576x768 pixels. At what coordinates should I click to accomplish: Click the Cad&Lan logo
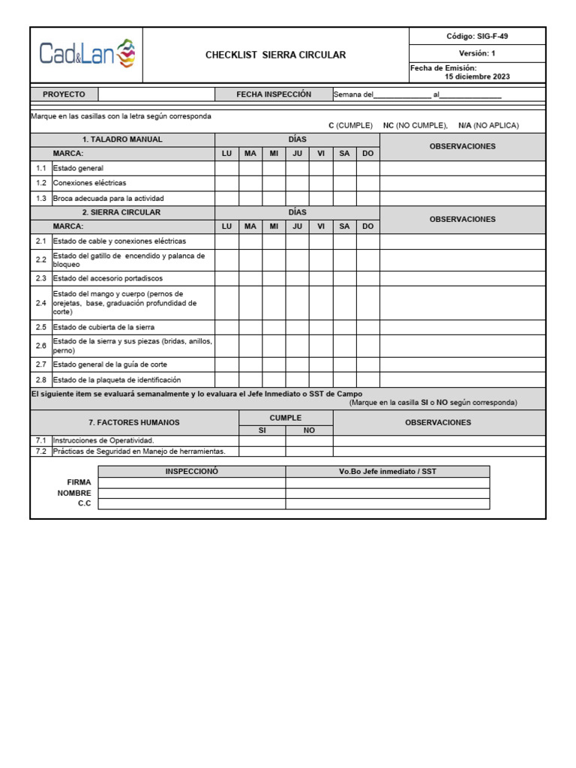(x=87, y=55)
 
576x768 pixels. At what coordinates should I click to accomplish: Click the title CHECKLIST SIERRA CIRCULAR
(x=275, y=55)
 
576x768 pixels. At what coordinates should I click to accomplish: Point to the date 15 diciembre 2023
(x=476, y=76)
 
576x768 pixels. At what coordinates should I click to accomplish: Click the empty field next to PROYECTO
(x=157, y=94)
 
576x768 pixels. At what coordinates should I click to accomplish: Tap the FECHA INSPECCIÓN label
(x=273, y=94)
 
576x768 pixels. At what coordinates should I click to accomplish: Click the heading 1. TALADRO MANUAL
(x=122, y=139)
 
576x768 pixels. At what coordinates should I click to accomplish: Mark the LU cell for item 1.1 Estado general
(x=226, y=169)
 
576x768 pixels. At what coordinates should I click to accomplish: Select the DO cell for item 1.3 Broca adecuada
(x=367, y=199)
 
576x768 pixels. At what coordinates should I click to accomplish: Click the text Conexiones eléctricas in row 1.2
(x=89, y=183)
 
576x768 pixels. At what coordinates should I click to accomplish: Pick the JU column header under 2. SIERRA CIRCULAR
(x=297, y=226)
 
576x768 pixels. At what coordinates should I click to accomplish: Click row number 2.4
(x=40, y=303)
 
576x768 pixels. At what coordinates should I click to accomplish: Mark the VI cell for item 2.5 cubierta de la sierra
(x=321, y=328)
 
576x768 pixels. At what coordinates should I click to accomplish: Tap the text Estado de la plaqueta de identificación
(x=116, y=380)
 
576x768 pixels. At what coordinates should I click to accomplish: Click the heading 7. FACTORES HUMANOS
(x=134, y=423)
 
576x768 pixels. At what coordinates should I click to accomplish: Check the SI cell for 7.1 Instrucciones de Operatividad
(x=262, y=441)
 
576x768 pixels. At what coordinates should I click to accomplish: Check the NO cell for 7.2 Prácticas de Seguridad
(x=309, y=451)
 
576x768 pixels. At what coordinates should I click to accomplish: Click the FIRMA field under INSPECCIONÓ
(x=191, y=482)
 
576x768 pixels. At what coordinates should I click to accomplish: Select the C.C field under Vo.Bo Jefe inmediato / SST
(x=387, y=504)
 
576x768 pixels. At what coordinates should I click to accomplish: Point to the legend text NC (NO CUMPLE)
(x=415, y=126)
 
